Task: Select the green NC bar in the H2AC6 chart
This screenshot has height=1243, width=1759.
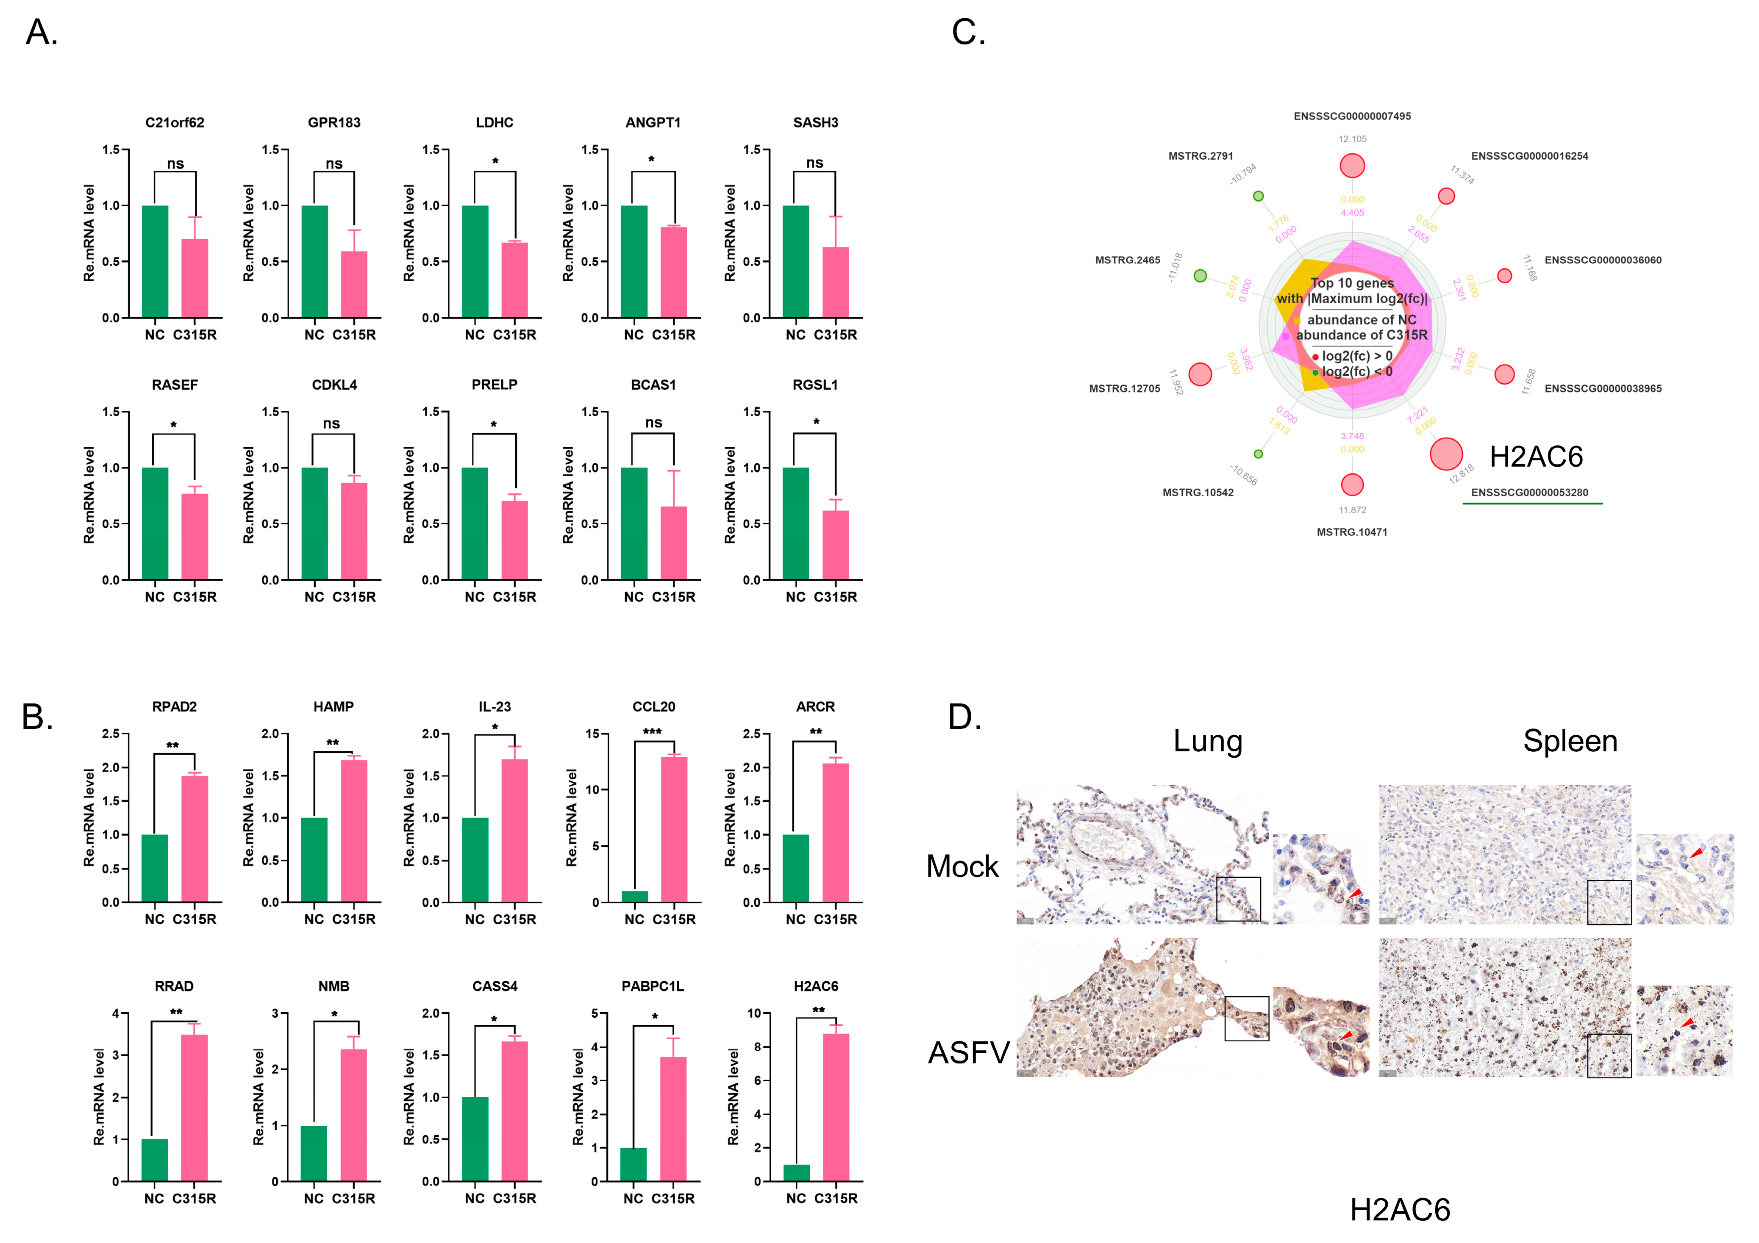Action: [x=796, y=1173]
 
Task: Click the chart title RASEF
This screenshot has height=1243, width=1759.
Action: [x=175, y=385]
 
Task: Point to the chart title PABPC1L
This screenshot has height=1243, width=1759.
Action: [x=652, y=986]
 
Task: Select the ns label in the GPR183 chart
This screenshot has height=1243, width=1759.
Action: [x=334, y=164]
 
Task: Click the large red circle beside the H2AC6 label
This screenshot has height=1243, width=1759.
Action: [x=1446, y=454]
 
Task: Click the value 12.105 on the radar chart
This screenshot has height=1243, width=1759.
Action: [x=1352, y=139]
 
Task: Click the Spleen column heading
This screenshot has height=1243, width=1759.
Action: [x=1570, y=742]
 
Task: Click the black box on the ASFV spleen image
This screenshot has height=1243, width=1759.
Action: [x=1609, y=1055]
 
